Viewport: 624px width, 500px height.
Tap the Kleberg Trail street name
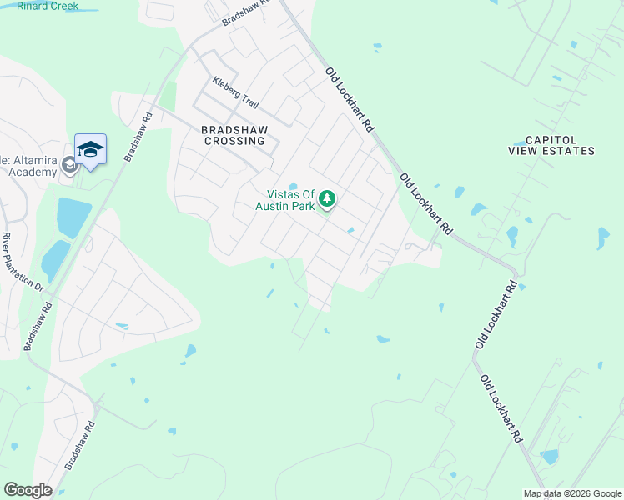coord(236,92)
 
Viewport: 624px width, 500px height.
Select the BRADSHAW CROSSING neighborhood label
coord(234,135)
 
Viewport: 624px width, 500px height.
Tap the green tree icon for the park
coord(328,198)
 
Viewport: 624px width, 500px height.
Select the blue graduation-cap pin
coord(90,149)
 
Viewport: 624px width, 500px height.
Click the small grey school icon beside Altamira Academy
coord(69,164)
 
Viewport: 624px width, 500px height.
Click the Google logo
coord(28,490)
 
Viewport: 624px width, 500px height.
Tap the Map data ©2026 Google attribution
coord(572,493)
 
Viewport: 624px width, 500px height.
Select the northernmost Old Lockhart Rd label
coord(349,101)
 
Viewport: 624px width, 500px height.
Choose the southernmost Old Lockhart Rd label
coord(501,408)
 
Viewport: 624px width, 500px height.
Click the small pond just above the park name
coord(293,186)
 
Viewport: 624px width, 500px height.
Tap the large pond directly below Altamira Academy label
coord(73,217)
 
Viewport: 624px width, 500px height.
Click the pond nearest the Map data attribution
coord(549,456)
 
